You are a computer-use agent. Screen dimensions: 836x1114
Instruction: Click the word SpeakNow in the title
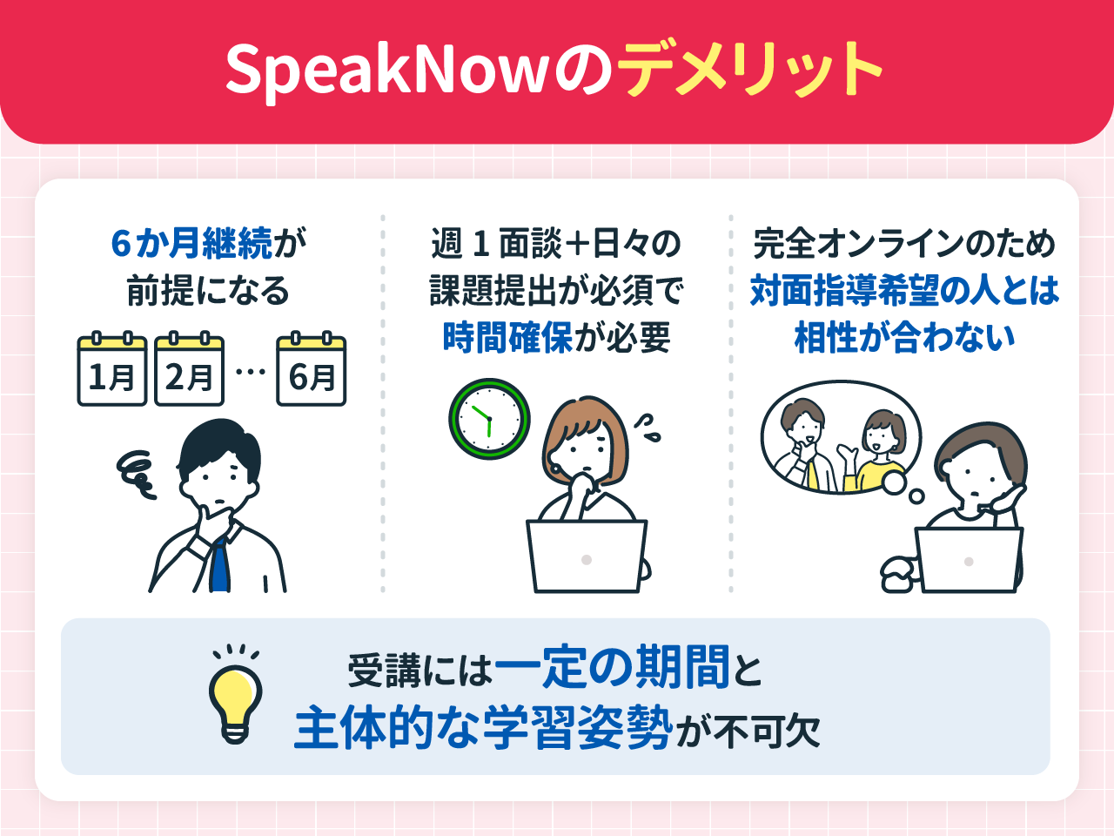click(x=386, y=70)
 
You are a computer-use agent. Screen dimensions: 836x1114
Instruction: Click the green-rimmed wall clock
click(x=489, y=419)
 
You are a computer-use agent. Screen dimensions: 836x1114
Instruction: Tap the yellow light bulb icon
click(x=235, y=697)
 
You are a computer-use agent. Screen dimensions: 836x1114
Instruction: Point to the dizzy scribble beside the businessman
click(x=137, y=474)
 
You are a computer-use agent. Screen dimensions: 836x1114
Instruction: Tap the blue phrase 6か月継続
click(x=191, y=244)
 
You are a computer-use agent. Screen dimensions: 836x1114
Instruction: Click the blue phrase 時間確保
click(x=507, y=338)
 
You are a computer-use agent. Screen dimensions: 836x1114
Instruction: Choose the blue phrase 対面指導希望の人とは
click(x=904, y=291)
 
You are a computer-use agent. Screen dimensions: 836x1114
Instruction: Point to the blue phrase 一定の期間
click(x=612, y=669)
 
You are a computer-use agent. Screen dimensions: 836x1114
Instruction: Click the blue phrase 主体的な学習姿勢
click(x=483, y=728)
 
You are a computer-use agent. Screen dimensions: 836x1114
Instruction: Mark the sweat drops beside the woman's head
click(x=646, y=427)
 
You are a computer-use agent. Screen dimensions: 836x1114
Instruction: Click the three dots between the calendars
click(x=250, y=372)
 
